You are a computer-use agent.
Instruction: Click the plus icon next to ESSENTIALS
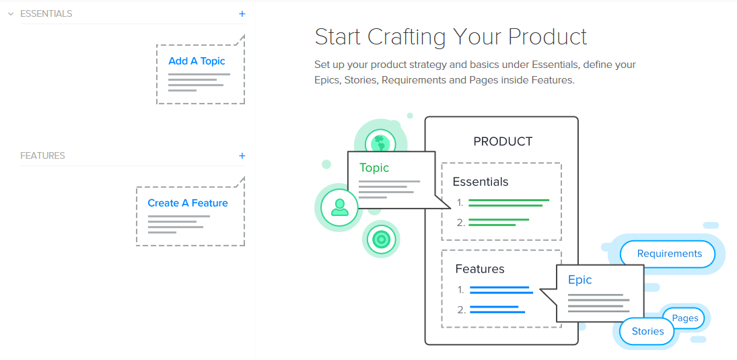click(242, 14)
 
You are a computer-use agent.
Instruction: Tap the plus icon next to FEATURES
click(242, 156)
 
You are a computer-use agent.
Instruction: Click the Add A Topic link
click(197, 61)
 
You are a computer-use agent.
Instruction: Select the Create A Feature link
click(188, 203)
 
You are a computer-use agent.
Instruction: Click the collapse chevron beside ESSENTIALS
click(11, 14)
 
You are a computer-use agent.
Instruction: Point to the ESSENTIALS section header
click(46, 14)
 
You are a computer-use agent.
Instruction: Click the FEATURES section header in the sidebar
click(43, 155)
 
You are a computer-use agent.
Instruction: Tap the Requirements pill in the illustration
click(669, 254)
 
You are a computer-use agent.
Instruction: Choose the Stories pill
click(647, 331)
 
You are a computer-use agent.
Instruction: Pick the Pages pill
click(685, 318)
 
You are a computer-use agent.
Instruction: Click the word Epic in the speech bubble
click(580, 280)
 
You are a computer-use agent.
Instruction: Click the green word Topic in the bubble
click(374, 168)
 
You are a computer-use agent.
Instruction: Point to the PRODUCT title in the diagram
click(503, 141)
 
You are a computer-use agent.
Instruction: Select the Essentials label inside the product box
click(481, 182)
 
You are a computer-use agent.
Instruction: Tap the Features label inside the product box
click(480, 269)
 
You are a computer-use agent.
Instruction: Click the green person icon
click(339, 207)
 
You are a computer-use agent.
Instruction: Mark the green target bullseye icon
click(381, 240)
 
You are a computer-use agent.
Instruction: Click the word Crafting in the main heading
click(411, 37)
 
